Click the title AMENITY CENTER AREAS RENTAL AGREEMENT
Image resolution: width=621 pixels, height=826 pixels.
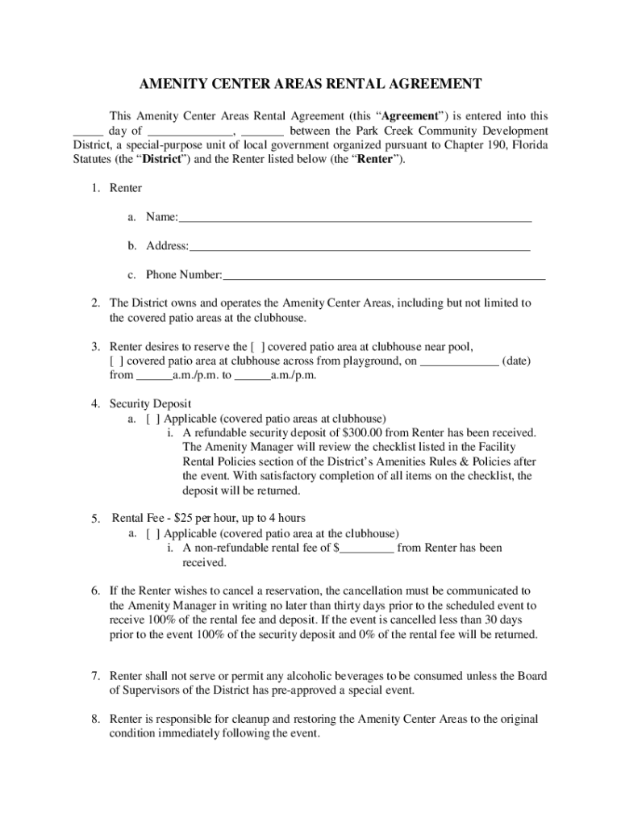tap(310, 84)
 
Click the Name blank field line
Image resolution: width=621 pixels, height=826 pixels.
tap(355, 219)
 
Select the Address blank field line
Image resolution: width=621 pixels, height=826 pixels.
tap(360, 247)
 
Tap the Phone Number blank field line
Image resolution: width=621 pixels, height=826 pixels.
tap(384, 276)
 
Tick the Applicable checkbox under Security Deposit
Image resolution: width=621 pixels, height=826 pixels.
tap(152, 419)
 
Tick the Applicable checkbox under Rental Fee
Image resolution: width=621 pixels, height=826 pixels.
tap(152, 534)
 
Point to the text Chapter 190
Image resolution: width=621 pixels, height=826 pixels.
tap(466, 145)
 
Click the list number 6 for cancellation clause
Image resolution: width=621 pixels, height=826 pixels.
tap(94, 591)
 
